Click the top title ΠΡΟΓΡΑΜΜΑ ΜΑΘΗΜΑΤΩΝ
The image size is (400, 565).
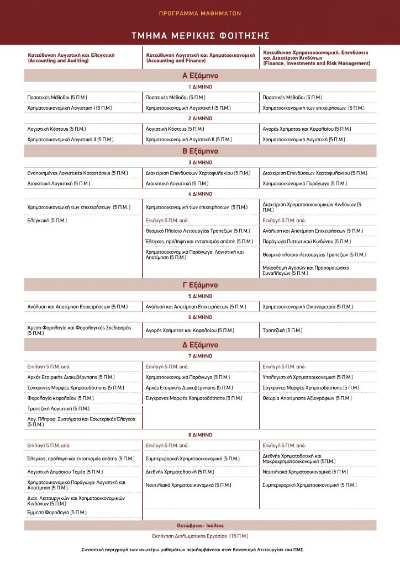200,13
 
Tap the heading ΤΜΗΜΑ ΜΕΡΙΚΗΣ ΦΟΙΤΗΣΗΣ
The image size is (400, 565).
200,36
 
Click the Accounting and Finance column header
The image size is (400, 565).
200,58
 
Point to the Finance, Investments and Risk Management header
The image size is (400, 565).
316,58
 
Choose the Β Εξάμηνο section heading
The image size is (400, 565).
200,151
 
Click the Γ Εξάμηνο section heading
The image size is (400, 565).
200,285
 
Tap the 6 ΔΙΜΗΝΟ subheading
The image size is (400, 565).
200,317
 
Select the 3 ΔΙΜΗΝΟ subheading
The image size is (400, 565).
200,163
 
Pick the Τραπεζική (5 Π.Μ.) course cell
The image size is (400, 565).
282,331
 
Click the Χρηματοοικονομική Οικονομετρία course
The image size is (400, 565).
307,306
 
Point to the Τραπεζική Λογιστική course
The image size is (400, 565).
59,408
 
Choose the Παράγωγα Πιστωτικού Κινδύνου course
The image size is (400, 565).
307,241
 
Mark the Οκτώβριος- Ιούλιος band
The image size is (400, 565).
200,525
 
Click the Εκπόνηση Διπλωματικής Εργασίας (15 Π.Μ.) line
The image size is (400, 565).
200,536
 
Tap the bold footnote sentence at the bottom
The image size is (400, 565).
200,550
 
